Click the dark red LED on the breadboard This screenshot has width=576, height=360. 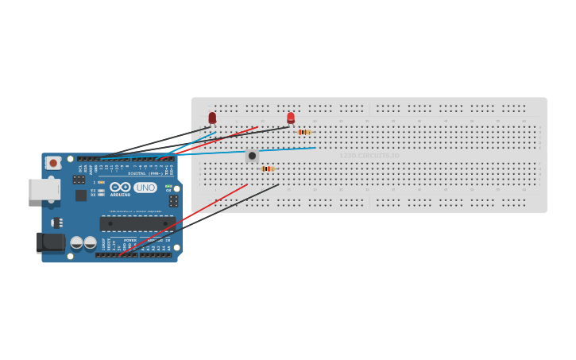[212, 118]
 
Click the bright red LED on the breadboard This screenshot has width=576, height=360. [291, 118]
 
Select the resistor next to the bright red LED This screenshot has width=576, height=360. [304, 132]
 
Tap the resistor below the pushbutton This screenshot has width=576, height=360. [268, 168]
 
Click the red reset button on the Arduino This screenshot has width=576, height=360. [53, 163]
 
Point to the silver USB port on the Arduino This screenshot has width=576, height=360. [44, 189]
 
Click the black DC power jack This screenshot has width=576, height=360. [51, 242]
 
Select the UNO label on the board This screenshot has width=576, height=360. [145, 188]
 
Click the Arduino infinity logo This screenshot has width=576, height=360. [120, 187]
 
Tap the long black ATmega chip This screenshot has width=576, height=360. [137, 223]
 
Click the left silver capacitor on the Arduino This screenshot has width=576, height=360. [77, 242]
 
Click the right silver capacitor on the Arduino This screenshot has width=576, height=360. [91, 242]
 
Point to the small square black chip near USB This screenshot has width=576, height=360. [81, 195]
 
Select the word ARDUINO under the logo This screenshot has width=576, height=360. [120, 195]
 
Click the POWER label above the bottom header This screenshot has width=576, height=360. [130, 239]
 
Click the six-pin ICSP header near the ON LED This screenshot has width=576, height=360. [173, 202]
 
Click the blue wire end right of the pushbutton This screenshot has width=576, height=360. [315, 147]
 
